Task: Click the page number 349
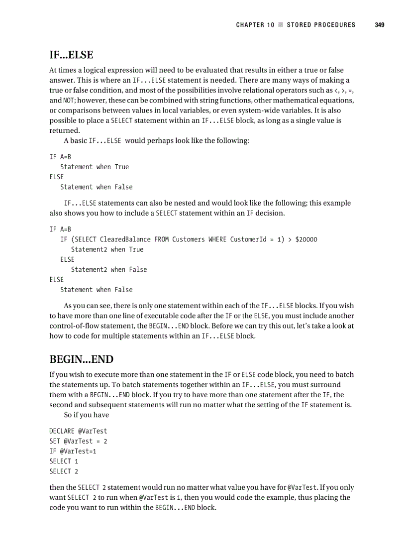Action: (380, 25)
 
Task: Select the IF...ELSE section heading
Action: (71, 55)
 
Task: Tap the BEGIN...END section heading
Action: (81, 359)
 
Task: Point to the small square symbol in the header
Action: (281, 25)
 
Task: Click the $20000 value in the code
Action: (306, 239)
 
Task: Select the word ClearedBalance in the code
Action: (125, 239)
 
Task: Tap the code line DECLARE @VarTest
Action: (78, 431)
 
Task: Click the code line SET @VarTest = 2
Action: (78, 441)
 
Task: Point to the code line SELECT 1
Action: (64, 461)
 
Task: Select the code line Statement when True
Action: (95, 167)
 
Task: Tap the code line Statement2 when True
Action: (107, 249)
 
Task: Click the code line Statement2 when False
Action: (109, 269)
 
